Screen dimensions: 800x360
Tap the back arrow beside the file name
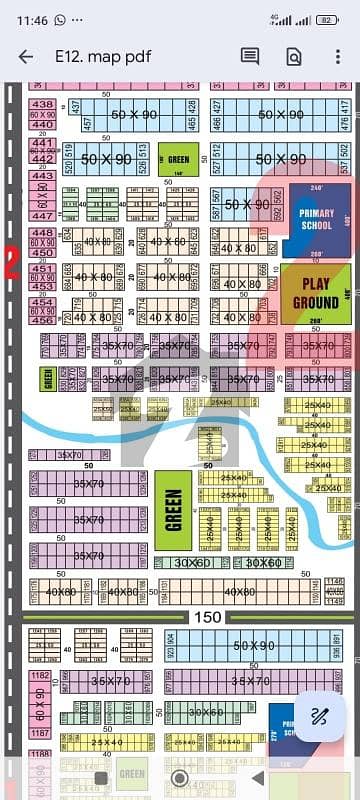[26, 57]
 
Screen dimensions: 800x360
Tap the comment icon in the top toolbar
[250, 57]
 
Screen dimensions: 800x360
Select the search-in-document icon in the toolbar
[294, 57]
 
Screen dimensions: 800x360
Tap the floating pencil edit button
[321, 715]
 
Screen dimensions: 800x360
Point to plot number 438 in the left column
[43, 104]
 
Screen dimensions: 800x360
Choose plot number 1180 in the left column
[40, 677]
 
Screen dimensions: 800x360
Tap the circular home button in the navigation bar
[180, 777]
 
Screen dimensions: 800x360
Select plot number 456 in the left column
[43, 320]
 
